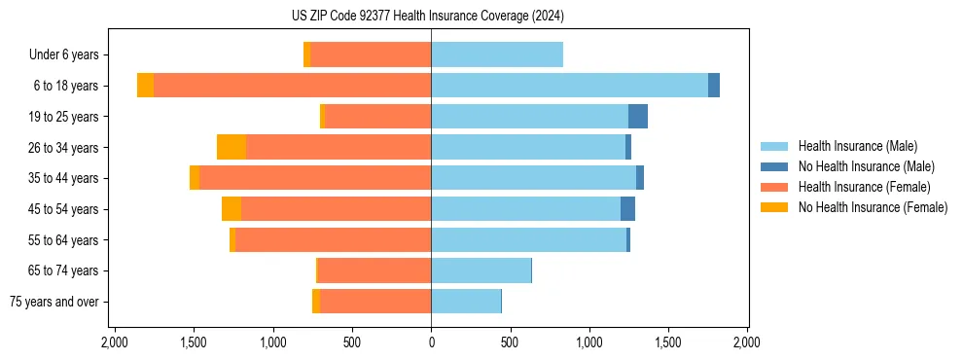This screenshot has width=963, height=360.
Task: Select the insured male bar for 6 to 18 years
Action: [x=569, y=86]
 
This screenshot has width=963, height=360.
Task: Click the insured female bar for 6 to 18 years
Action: [x=292, y=86]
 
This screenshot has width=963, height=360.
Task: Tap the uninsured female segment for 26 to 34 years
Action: [x=232, y=147]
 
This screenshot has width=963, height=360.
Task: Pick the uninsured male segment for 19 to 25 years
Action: [x=638, y=117]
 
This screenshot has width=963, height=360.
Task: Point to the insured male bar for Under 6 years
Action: [x=497, y=54]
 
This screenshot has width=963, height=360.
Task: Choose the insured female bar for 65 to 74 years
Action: [x=374, y=270]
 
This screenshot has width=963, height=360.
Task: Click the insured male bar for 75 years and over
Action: [x=466, y=302]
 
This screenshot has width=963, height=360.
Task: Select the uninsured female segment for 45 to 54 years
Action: [x=232, y=209]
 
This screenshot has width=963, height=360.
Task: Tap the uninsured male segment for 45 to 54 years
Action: [x=627, y=209]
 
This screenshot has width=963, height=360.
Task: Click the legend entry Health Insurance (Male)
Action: [x=857, y=146]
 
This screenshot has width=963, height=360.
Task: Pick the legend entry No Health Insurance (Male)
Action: [x=866, y=166]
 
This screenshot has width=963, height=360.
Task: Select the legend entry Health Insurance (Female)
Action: [x=865, y=187]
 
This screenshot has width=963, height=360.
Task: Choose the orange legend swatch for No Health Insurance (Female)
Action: [x=774, y=207]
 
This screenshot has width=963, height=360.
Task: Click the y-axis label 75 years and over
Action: [x=54, y=302]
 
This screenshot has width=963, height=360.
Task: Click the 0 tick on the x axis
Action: [x=431, y=342]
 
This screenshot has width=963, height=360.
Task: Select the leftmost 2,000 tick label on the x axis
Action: [x=115, y=342]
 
